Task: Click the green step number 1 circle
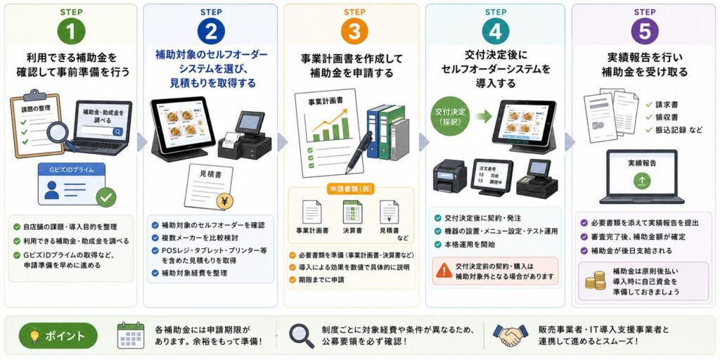pos(71,31)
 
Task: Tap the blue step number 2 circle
pos(211,31)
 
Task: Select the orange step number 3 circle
pos(354,31)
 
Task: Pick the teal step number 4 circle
pos(496,31)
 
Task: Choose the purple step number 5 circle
pos(645,31)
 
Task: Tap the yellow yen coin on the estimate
pos(225,201)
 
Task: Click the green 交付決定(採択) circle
pos(449,117)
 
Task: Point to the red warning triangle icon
pos(444,270)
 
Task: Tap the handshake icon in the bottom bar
pos(510,335)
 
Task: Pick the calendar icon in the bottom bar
pos(130,335)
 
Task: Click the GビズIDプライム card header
pos(72,169)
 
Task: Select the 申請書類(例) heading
pos(350,188)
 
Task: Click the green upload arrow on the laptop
pos(641,181)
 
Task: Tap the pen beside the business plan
pos(359,152)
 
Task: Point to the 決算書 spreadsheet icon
pos(352,212)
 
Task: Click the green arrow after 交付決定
pos(482,117)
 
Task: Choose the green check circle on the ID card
pos(106,198)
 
